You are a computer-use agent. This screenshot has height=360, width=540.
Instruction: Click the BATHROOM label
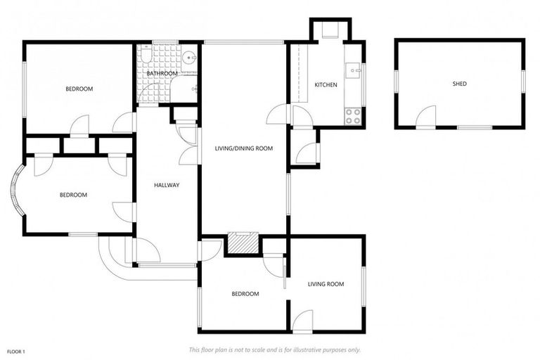click(161, 73)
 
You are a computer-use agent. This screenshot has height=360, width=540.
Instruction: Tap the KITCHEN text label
click(326, 85)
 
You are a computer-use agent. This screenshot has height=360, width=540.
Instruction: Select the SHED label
click(459, 84)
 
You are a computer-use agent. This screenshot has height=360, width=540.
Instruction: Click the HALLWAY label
click(167, 186)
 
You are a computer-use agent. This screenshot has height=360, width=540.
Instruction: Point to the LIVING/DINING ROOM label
click(243, 148)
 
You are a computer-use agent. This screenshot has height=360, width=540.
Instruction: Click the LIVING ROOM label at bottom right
click(326, 284)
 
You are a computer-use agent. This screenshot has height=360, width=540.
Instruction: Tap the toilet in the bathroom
click(146, 56)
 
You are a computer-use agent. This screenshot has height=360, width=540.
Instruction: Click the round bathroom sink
click(189, 58)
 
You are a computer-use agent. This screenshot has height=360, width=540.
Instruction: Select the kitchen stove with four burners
click(353, 115)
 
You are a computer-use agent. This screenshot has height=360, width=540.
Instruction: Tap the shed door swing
click(427, 117)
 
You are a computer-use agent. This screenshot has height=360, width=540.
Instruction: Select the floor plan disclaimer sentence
click(274, 349)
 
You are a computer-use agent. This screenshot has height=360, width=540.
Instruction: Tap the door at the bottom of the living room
click(304, 321)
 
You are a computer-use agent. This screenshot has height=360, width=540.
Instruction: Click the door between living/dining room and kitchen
click(279, 114)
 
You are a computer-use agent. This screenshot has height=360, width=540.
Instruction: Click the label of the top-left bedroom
click(79, 89)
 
